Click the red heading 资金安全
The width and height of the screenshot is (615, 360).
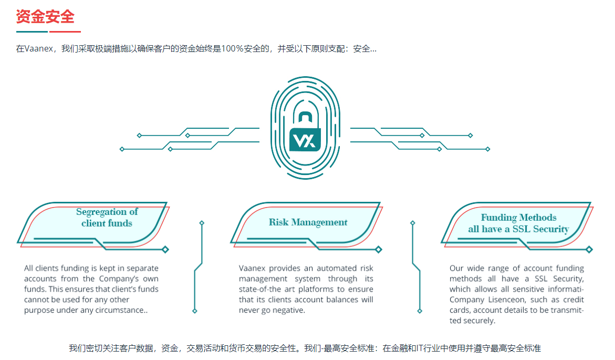pos(45,16)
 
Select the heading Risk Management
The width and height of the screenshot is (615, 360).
pos(308,222)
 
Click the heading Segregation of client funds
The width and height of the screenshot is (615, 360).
pos(107,218)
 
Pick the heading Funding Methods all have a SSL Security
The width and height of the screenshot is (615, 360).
pos(518,223)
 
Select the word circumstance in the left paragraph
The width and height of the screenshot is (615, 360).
pos(123,310)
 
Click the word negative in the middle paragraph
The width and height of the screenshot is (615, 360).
pos(289,310)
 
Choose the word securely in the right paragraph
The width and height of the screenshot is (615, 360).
pos(478,321)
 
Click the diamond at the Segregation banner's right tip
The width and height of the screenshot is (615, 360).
pos(165,250)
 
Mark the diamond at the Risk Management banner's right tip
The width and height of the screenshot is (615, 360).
pos(379,250)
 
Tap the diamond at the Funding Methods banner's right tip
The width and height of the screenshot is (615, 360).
pos(589,250)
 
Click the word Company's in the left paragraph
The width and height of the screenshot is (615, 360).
pos(122,279)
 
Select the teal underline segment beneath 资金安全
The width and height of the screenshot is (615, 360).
pos(32,32)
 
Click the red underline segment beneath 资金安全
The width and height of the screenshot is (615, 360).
pos(65,32)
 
